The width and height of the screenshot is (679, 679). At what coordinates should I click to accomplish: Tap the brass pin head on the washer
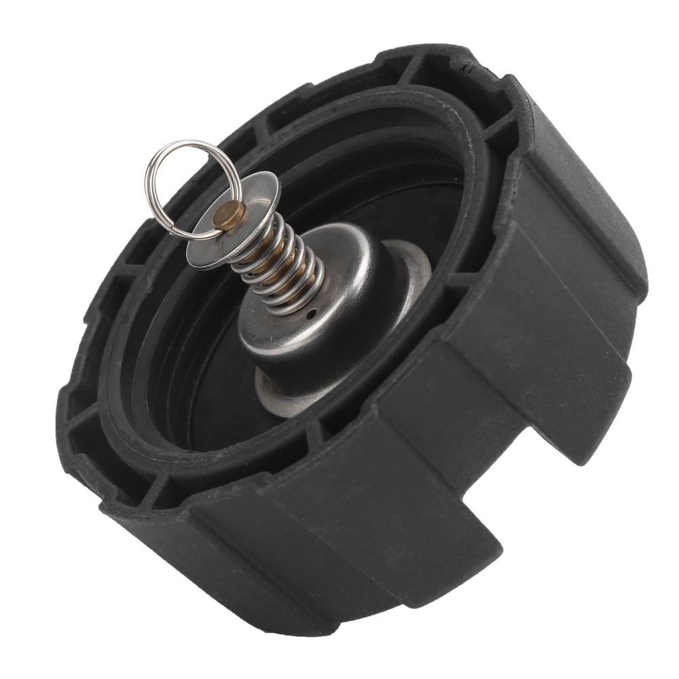[x=234, y=215]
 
